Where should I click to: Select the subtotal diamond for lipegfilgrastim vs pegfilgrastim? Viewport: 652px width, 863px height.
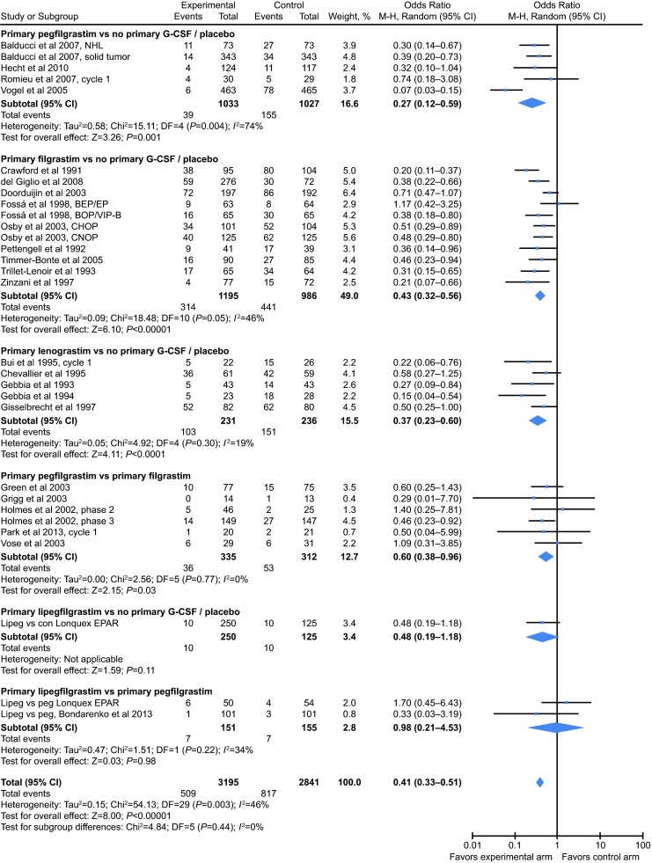pos(556,728)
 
